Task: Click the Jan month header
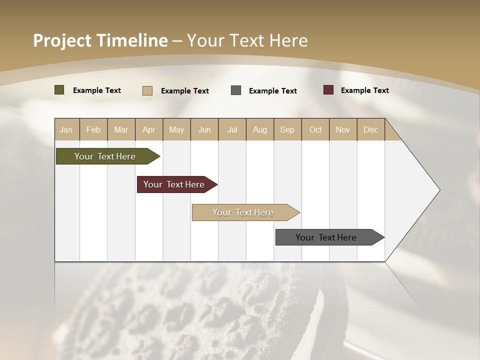coord(66,129)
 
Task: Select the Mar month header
coord(121,129)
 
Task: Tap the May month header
coord(176,129)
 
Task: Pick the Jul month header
coord(232,129)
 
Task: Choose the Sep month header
coord(287,129)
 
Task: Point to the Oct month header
coord(315,129)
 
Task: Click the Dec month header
coord(370,129)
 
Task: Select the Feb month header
coord(93,129)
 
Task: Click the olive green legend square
coord(59,90)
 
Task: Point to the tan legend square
coord(147,90)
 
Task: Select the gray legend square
coord(236,90)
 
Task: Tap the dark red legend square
coord(328,90)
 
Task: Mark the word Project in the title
coord(61,40)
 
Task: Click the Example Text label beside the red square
coord(364,90)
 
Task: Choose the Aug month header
coord(259,129)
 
